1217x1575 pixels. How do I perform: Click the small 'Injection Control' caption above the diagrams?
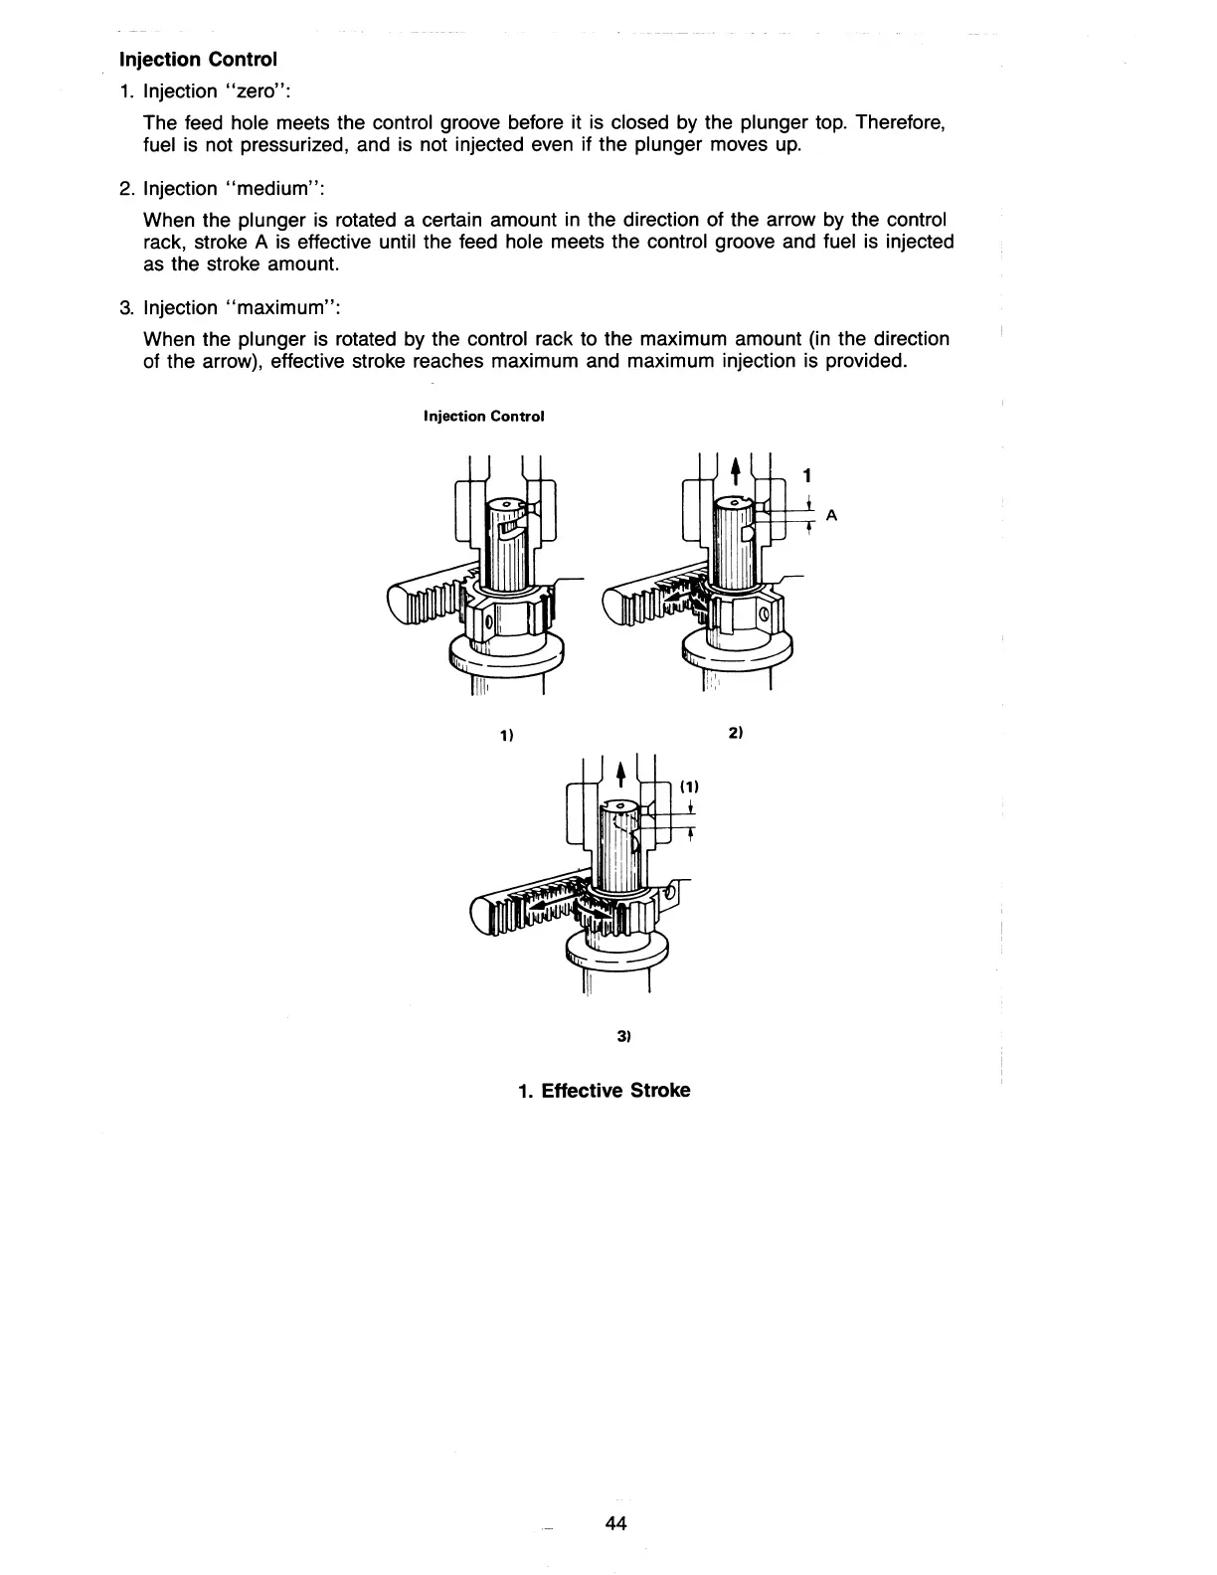tap(483, 416)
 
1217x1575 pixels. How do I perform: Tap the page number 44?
tap(615, 1523)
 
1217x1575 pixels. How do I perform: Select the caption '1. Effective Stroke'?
tap(604, 1090)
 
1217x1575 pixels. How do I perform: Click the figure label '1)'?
tap(506, 736)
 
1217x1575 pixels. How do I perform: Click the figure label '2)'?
tap(735, 733)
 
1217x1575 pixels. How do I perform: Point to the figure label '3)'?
tap(623, 1037)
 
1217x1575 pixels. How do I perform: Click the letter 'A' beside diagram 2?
tap(831, 515)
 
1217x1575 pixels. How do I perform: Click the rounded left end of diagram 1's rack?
tap(396, 606)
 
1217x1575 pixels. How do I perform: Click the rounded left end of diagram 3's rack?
tap(484, 913)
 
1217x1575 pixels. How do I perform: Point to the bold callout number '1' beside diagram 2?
tap(807, 474)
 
